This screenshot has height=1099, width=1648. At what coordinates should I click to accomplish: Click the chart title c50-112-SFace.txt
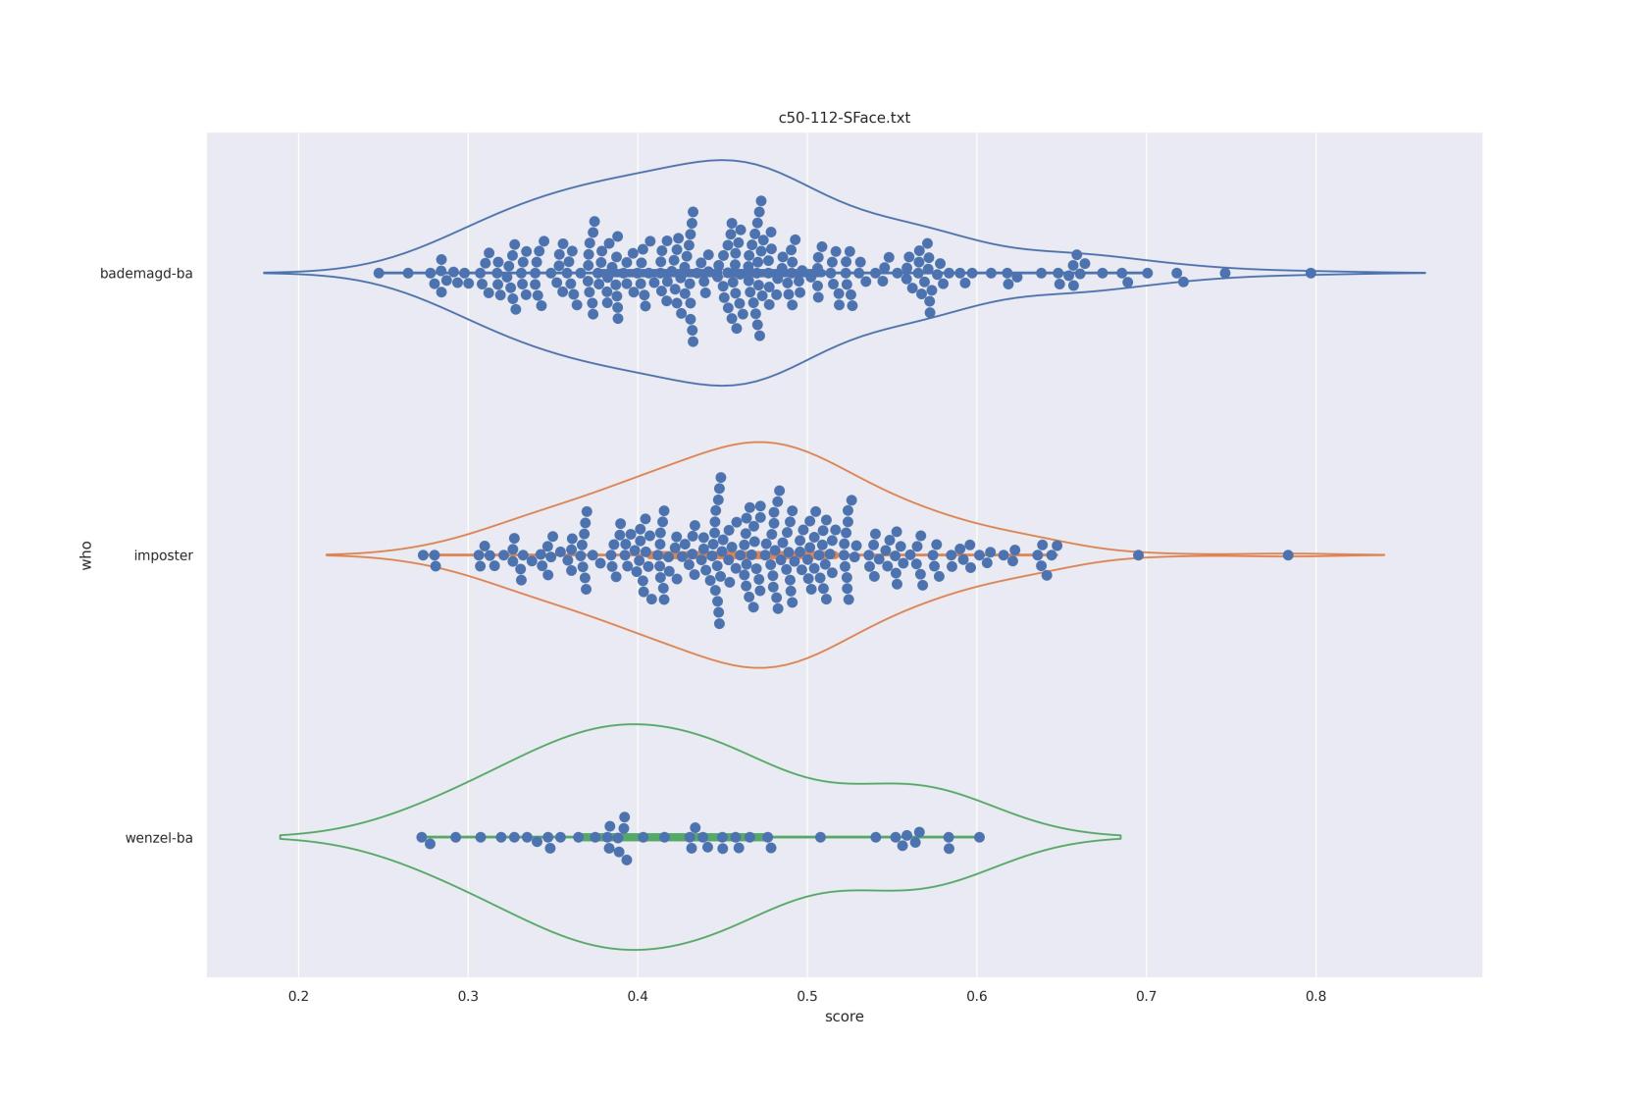pos(844,118)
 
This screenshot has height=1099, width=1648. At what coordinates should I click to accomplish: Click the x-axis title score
pos(844,1017)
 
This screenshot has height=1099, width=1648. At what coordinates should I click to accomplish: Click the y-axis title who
pos(86,555)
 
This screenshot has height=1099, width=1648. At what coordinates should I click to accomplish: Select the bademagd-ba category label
pos(146,274)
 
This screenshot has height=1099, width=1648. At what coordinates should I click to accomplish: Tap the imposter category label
pos(163,555)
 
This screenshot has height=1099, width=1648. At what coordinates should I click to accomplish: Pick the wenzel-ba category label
pos(159,838)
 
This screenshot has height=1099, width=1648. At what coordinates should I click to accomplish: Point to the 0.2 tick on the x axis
pos(298,996)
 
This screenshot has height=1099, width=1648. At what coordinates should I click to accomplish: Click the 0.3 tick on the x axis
pos(468,996)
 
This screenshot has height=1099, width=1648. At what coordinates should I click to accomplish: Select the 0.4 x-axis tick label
pos(638,996)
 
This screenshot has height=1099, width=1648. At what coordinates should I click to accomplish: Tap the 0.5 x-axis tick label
pos(807,996)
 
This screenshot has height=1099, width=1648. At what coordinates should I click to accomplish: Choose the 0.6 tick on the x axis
pos(977,996)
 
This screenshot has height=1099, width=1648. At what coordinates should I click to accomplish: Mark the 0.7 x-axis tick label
pos(1147,996)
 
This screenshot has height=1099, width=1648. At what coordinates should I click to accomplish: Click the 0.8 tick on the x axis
pos(1316,996)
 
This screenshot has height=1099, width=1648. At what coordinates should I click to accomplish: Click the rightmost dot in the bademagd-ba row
pos(1311,273)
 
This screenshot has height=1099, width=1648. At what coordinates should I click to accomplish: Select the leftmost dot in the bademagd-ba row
pos(379,273)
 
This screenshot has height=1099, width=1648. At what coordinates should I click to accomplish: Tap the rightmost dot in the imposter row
pos(1288,555)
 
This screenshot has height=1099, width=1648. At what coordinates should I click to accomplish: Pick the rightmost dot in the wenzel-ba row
pos(979,837)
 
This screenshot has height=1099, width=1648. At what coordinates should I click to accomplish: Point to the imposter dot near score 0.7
pos(1138,555)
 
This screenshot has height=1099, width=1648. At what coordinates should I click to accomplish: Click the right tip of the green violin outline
pos(1120,837)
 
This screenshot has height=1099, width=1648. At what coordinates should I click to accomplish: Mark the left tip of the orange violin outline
pos(328,555)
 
